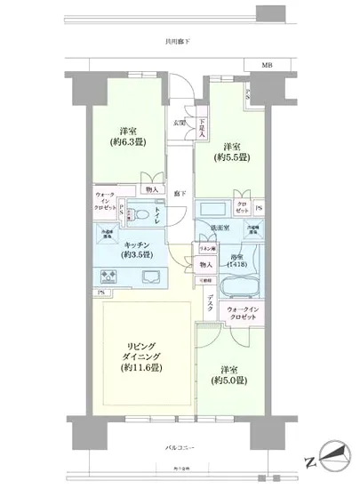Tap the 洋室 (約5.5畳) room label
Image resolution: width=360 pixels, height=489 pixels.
(x=234, y=153)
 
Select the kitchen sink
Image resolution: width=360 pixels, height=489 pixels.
(x=147, y=276)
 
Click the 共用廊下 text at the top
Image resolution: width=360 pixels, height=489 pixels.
(x=177, y=39)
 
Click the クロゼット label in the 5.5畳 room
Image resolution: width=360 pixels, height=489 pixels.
(x=242, y=207)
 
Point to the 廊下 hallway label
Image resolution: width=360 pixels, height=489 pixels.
(x=180, y=193)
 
